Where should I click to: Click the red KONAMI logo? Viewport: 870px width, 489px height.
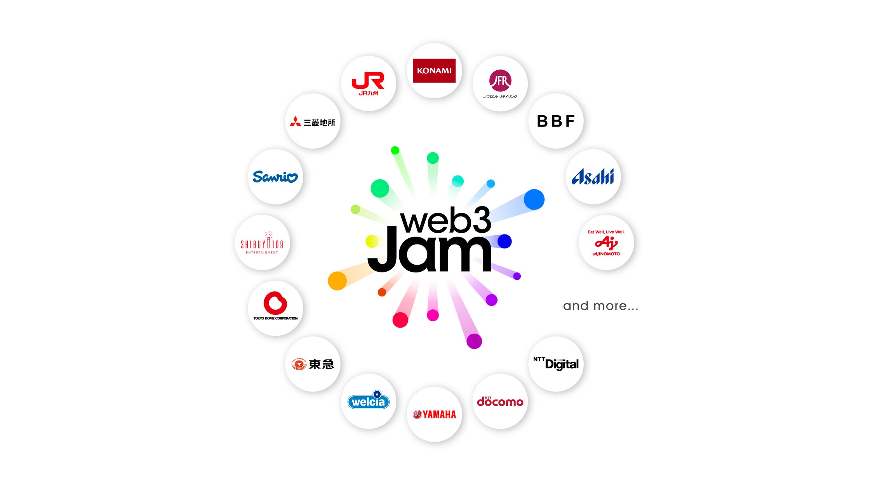tap(434, 71)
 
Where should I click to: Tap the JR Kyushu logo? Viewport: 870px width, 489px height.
tap(368, 83)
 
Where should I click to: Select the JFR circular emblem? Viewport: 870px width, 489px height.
tap(500, 81)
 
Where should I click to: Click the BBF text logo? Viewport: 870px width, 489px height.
tap(555, 121)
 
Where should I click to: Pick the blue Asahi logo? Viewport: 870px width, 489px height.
tap(593, 177)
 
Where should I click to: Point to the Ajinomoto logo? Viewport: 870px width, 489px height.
tap(606, 243)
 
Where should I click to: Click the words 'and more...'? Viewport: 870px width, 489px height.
tap(600, 306)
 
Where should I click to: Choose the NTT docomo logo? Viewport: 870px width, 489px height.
tap(500, 402)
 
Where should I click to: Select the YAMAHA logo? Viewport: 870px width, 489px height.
tap(434, 414)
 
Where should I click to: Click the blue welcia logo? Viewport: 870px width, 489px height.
tap(368, 401)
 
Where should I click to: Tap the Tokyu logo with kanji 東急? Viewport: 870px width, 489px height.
tap(313, 364)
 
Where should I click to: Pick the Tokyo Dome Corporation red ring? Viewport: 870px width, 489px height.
tap(275, 303)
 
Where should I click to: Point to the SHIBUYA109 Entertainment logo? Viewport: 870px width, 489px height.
tap(262, 243)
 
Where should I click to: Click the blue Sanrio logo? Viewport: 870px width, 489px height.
tap(275, 177)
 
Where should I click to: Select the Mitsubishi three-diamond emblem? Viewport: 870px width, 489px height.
tap(295, 121)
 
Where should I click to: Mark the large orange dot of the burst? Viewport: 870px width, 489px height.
tap(337, 281)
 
